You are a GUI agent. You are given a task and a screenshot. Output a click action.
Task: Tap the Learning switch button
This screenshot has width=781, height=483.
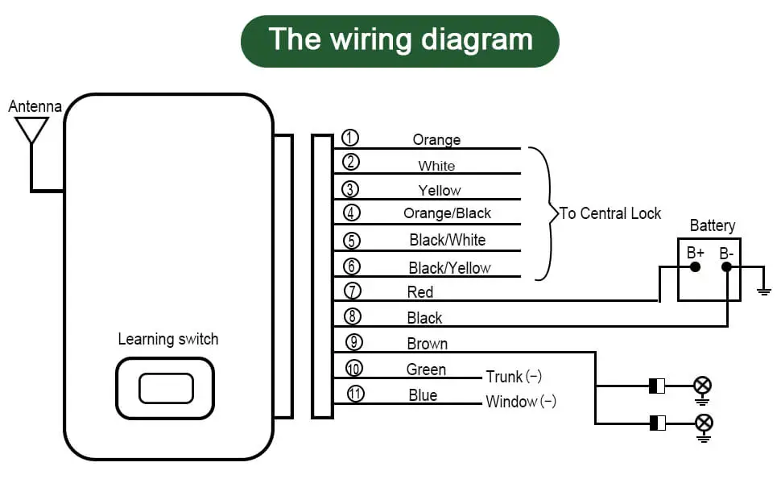(x=165, y=388)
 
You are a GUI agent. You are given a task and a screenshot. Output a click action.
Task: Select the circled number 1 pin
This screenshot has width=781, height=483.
(x=350, y=138)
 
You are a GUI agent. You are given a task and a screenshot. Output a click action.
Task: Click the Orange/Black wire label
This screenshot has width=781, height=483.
(x=447, y=213)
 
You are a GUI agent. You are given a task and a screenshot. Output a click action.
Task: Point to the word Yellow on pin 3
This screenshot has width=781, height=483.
(x=440, y=191)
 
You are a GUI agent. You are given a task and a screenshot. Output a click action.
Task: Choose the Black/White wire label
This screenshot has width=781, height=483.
(x=447, y=240)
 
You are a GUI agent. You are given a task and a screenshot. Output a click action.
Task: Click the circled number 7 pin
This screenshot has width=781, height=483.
(x=352, y=291)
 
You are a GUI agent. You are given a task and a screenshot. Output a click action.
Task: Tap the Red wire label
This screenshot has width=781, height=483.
(x=420, y=292)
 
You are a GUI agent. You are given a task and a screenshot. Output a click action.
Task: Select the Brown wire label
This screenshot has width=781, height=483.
(x=427, y=344)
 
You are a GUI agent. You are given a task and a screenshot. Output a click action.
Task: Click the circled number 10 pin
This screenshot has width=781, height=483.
(x=353, y=369)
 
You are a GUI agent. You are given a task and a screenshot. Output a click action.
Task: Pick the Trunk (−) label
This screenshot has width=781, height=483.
(x=514, y=377)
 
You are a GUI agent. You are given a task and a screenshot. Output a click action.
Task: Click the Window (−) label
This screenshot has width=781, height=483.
(x=520, y=402)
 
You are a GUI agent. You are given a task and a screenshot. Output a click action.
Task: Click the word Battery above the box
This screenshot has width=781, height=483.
(x=712, y=226)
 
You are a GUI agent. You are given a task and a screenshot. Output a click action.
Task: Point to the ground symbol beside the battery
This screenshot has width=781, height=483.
(x=764, y=290)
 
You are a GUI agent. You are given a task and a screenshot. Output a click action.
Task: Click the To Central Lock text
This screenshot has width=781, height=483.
(x=610, y=213)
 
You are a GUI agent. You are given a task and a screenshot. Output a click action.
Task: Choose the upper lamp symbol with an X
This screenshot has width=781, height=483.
(x=703, y=386)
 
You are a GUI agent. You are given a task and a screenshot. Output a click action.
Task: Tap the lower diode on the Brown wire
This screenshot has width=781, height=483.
(x=657, y=423)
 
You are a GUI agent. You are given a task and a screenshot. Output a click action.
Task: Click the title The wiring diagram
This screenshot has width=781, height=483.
(x=400, y=39)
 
